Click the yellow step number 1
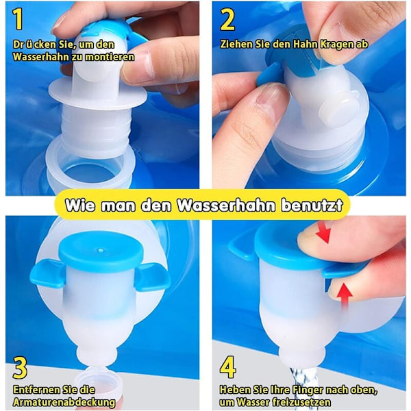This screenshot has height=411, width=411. pos(18,19)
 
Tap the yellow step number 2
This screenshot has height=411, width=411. pos(227,20)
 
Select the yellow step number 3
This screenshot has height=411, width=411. pos(20,368)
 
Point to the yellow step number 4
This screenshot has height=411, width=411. pos(227,367)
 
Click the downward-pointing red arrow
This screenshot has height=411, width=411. pos(324,234)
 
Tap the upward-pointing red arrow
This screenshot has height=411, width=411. pos(345,297)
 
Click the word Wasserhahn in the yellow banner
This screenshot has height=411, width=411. pos(227,206)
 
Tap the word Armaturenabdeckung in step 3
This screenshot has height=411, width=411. pos(64,402)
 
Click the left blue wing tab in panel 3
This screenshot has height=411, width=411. pos(48,274)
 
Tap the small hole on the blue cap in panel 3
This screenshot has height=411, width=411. pos(101,250)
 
